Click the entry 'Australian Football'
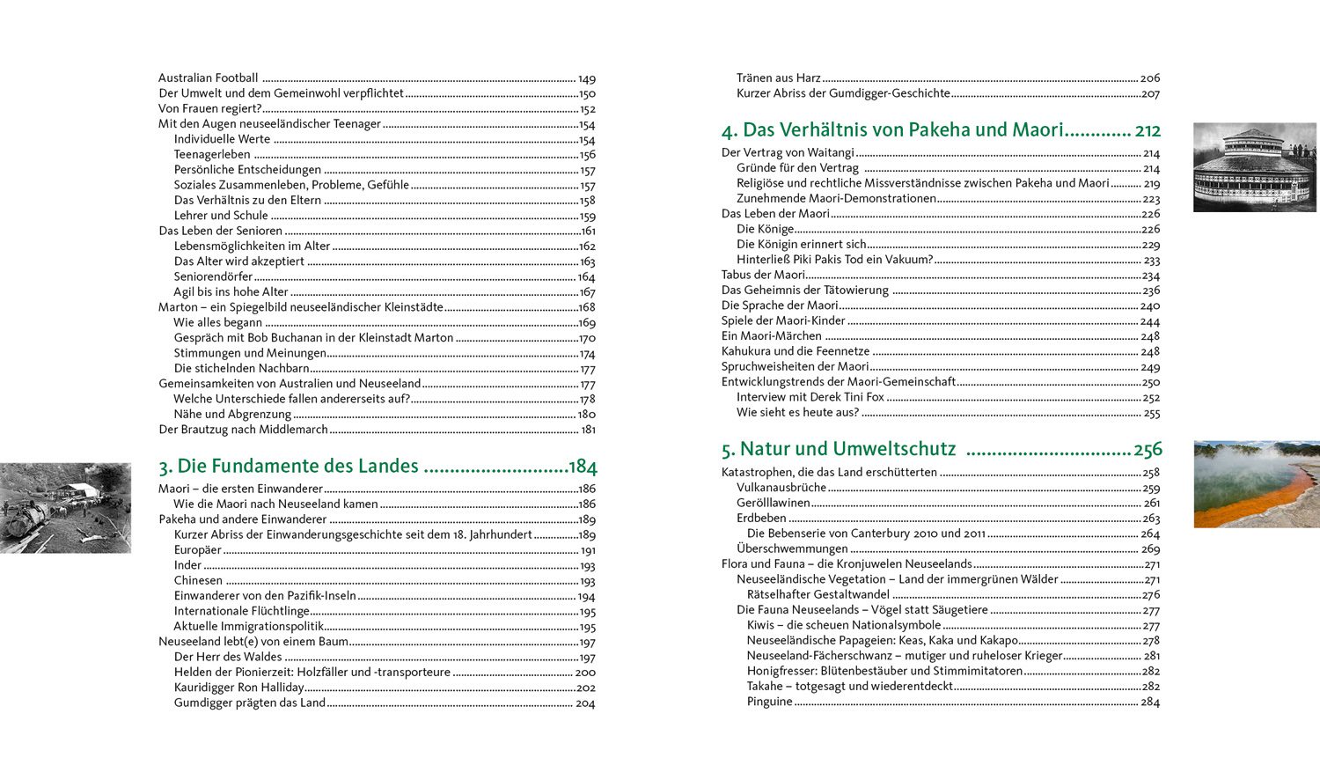[209, 78]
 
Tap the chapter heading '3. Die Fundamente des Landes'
[289, 467]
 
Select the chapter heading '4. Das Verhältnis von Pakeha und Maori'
[892, 130]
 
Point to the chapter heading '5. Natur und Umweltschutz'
[839, 449]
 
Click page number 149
[587, 79]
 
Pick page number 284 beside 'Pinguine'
[1150, 703]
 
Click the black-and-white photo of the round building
[1254, 167]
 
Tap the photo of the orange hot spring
[1256, 484]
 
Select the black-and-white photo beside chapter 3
[65, 508]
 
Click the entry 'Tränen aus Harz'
[779, 78]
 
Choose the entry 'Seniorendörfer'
[213, 276]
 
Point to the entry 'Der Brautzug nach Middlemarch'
[243, 430]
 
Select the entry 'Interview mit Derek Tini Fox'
[810, 397]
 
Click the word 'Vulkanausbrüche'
[781, 488]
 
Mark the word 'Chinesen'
[198, 581]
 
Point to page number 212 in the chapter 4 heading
[1148, 131]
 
